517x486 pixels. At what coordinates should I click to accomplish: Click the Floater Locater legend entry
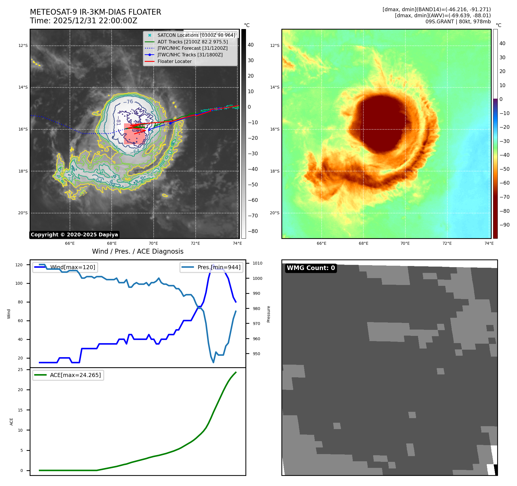(174, 61)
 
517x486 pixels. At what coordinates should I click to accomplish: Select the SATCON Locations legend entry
(196, 35)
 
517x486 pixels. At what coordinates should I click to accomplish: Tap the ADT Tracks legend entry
(192, 42)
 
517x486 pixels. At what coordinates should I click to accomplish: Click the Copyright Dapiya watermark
(74, 235)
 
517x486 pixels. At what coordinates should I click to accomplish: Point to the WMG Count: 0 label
(311, 268)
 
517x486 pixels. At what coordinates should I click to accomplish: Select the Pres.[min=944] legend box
(211, 267)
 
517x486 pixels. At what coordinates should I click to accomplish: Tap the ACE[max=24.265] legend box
(68, 375)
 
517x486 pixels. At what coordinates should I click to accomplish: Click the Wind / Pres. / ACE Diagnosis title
(138, 251)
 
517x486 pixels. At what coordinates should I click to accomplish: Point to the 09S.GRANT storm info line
(458, 22)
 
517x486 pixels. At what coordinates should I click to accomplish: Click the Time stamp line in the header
(83, 21)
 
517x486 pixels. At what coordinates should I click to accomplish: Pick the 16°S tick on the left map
(23, 129)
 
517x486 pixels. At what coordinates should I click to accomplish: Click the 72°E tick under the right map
(447, 243)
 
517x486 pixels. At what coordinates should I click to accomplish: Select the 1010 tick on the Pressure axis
(257, 263)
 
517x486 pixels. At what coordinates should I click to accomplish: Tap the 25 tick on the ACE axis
(20, 370)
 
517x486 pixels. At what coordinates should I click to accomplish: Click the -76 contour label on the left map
(128, 102)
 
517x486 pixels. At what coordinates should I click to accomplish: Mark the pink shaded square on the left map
(134, 134)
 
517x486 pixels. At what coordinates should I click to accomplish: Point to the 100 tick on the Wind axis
(19, 283)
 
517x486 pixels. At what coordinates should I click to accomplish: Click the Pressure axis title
(268, 314)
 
